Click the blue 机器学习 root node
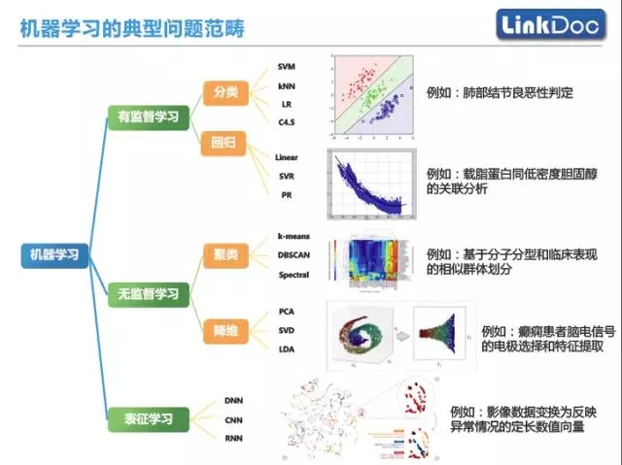pyautogui.click(x=54, y=255)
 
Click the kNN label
pyautogui.click(x=287, y=84)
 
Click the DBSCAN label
pyautogui.click(x=294, y=255)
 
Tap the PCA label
pyautogui.click(x=287, y=312)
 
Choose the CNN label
pyautogui.click(x=233, y=420)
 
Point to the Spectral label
pyautogui.click(x=294, y=275)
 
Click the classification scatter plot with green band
pyautogui.click(x=374, y=95)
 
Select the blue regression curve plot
pyautogui.click(x=373, y=185)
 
